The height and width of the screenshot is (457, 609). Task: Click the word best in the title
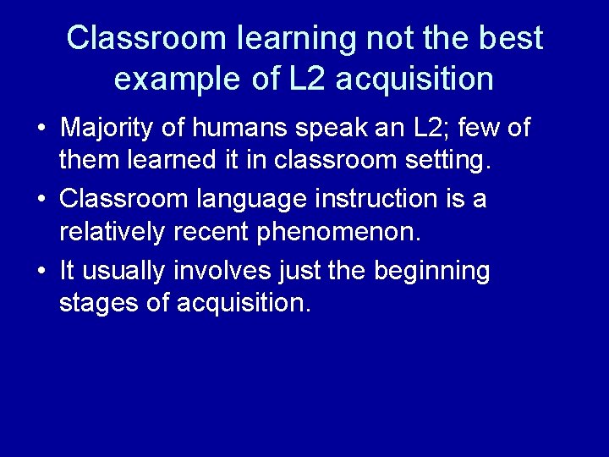coord(513,38)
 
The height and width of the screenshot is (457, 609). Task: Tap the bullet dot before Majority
coord(41,129)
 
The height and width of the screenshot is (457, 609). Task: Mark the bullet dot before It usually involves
coord(41,272)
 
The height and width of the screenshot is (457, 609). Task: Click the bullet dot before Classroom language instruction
coord(41,201)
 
